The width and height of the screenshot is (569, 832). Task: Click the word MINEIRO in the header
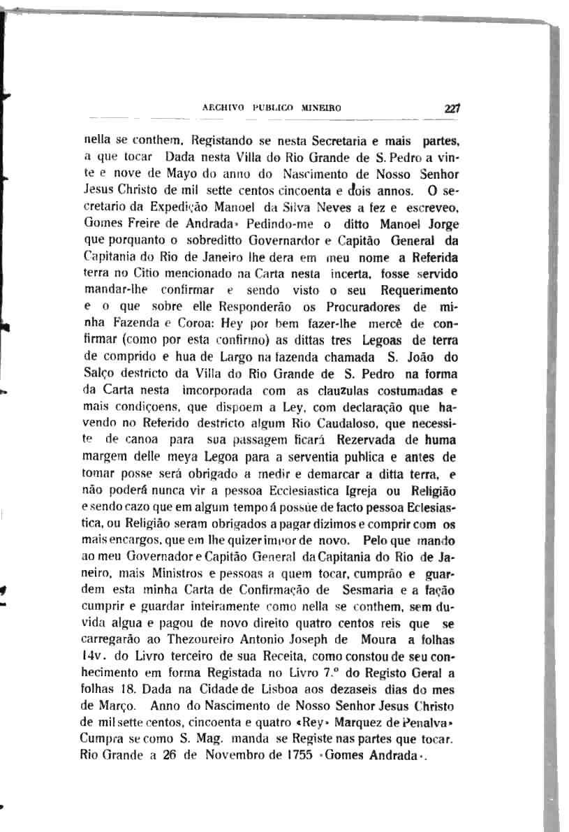tap(321, 109)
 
